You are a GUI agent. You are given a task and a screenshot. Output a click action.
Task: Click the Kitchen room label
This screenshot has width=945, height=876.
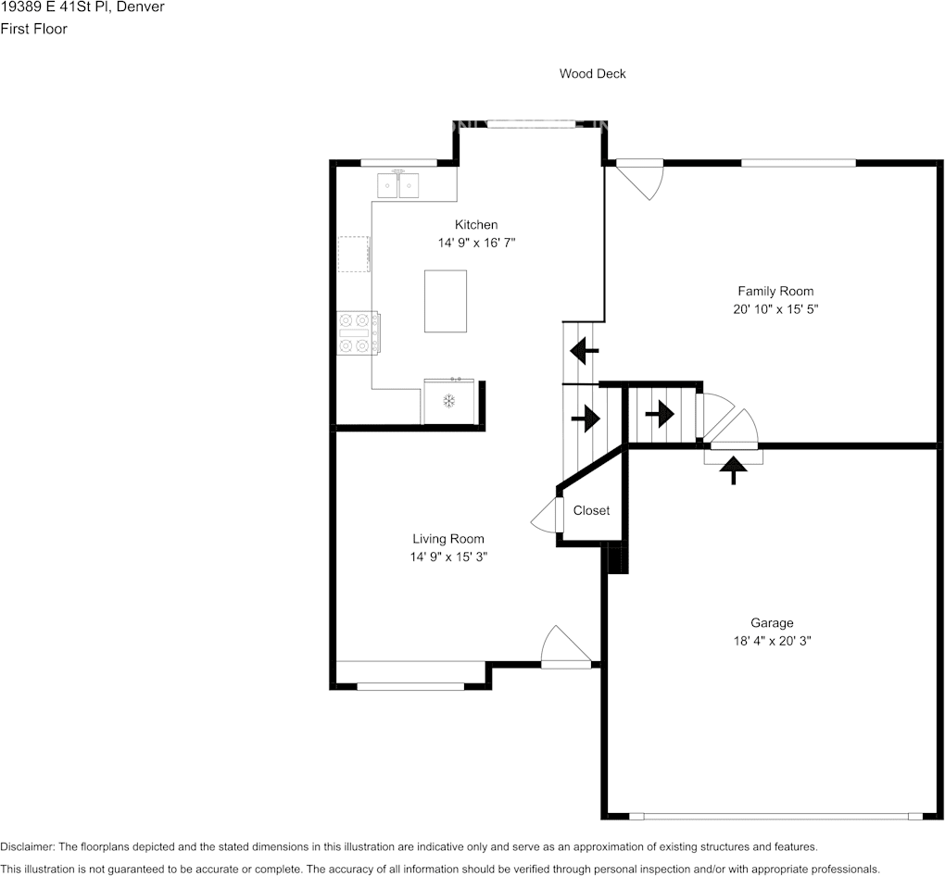(476, 225)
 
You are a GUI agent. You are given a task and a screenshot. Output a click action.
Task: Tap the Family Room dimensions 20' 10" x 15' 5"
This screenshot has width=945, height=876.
(775, 309)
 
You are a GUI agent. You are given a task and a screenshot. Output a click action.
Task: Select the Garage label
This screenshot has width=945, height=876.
(772, 623)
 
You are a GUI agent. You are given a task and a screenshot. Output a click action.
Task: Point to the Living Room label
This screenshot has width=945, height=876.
(448, 539)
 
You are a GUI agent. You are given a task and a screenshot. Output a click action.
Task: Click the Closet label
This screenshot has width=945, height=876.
(591, 510)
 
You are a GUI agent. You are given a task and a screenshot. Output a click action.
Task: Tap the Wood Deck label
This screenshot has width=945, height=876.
(592, 73)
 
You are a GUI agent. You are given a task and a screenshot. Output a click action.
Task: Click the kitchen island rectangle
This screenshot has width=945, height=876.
(446, 301)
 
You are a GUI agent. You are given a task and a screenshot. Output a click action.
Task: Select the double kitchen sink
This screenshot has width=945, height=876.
(397, 185)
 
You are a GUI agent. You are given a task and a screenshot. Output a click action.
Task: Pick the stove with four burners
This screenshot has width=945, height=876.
(358, 333)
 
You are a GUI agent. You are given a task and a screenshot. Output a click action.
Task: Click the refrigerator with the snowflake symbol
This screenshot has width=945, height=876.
(449, 401)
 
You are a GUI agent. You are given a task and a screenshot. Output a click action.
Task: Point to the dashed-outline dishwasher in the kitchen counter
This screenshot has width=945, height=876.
(354, 254)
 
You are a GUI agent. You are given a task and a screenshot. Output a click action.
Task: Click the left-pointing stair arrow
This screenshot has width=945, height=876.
(584, 351)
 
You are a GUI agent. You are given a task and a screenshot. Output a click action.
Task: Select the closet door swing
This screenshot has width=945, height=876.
(547, 515)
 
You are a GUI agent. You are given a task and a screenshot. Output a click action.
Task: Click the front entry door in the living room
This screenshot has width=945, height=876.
(566, 647)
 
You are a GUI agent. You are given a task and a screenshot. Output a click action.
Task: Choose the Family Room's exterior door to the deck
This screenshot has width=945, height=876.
(639, 179)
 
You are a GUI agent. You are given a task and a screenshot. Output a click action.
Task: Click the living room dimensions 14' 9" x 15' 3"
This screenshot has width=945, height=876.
(448, 557)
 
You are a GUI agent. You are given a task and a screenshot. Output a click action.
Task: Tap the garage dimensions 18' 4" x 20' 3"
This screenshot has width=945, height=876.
(772, 641)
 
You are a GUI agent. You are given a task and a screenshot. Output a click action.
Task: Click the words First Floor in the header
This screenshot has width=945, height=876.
(33, 29)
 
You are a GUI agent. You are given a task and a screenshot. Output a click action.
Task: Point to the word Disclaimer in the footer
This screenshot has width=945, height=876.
(27, 846)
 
